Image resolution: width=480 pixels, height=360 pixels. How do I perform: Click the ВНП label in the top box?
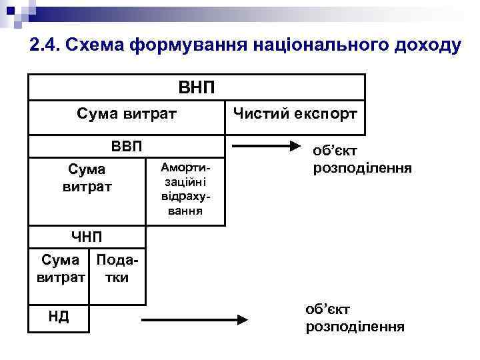click(x=196, y=87)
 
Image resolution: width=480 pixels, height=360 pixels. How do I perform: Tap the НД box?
click(x=59, y=316)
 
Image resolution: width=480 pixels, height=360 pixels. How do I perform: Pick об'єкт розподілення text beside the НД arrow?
click(x=355, y=318)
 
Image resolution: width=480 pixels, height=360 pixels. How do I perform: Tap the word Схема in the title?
click(x=101, y=45)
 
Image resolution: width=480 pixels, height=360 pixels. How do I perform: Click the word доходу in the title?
click(x=424, y=45)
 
